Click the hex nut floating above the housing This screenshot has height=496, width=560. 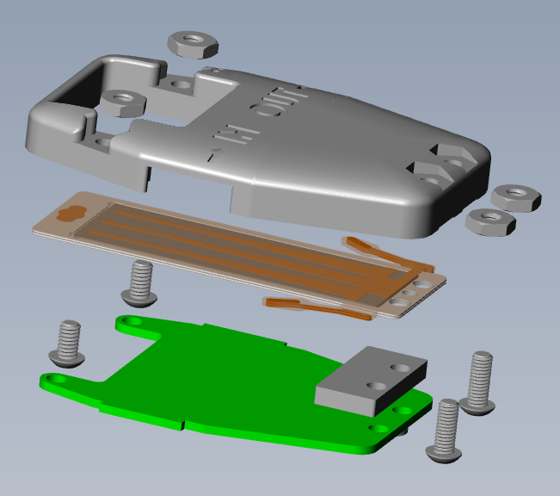(x=194, y=43)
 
